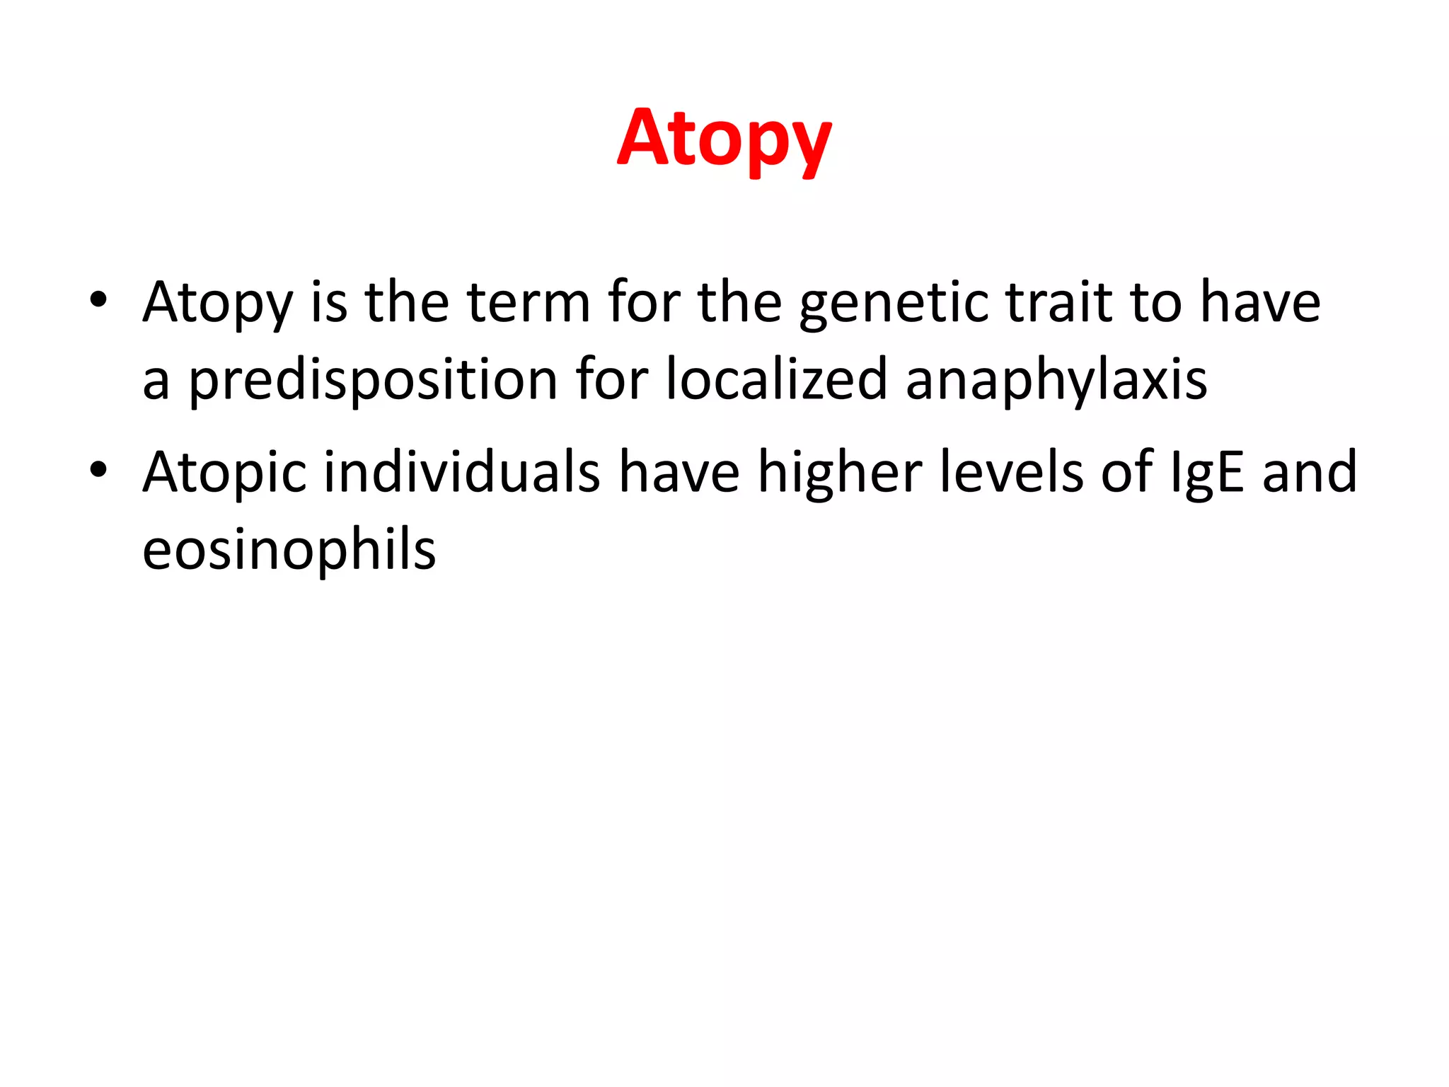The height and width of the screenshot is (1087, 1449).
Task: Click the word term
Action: tap(529, 302)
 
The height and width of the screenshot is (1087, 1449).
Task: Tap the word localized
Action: tap(776, 380)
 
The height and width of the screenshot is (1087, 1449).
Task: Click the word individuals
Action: tap(462, 472)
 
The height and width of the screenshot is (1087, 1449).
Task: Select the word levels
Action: tap(1011, 472)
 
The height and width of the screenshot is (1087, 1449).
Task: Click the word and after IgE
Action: tap(1310, 472)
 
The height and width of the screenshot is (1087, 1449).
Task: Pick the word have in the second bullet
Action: tap(679, 472)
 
